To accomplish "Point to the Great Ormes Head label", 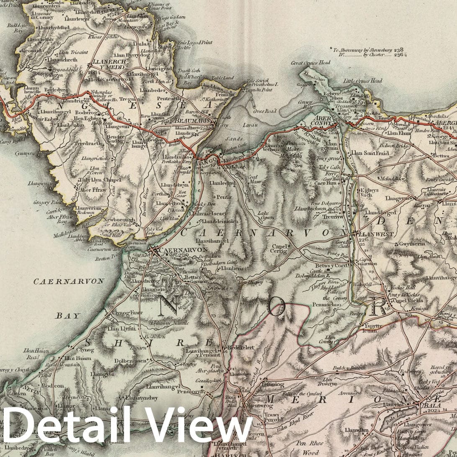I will coord(311,63).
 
